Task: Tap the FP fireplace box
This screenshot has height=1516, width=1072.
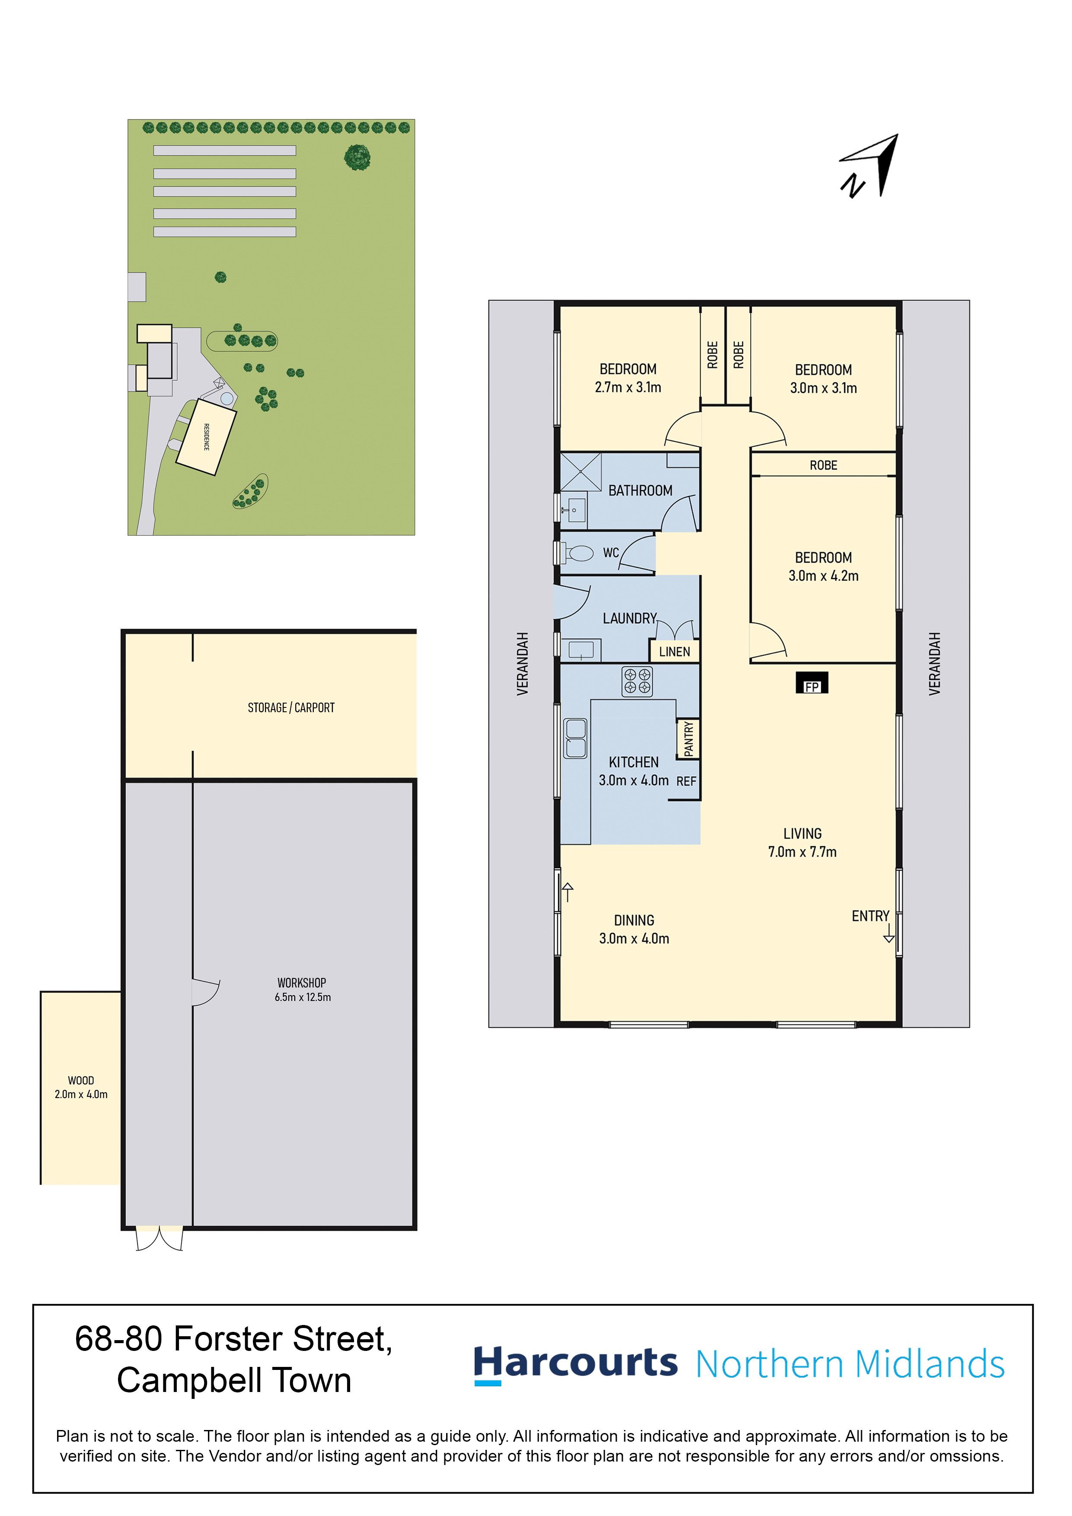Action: [x=812, y=683]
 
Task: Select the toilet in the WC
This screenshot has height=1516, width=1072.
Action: [x=577, y=553]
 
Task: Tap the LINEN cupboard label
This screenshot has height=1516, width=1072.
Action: [x=674, y=652]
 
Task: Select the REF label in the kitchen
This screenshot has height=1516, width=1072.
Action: [x=686, y=781]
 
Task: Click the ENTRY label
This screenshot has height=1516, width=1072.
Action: [x=871, y=916]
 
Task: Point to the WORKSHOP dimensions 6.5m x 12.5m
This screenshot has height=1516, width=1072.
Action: [x=303, y=997]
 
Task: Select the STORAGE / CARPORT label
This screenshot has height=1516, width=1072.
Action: [x=291, y=708]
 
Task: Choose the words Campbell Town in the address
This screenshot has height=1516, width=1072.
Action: [x=234, y=1381]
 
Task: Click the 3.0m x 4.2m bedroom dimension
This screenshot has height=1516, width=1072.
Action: [x=823, y=576]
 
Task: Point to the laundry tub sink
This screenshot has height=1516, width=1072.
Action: [x=581, y=650]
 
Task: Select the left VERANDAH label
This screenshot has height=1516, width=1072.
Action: [x=523, y=664]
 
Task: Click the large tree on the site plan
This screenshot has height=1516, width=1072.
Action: [x=357, y=158]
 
